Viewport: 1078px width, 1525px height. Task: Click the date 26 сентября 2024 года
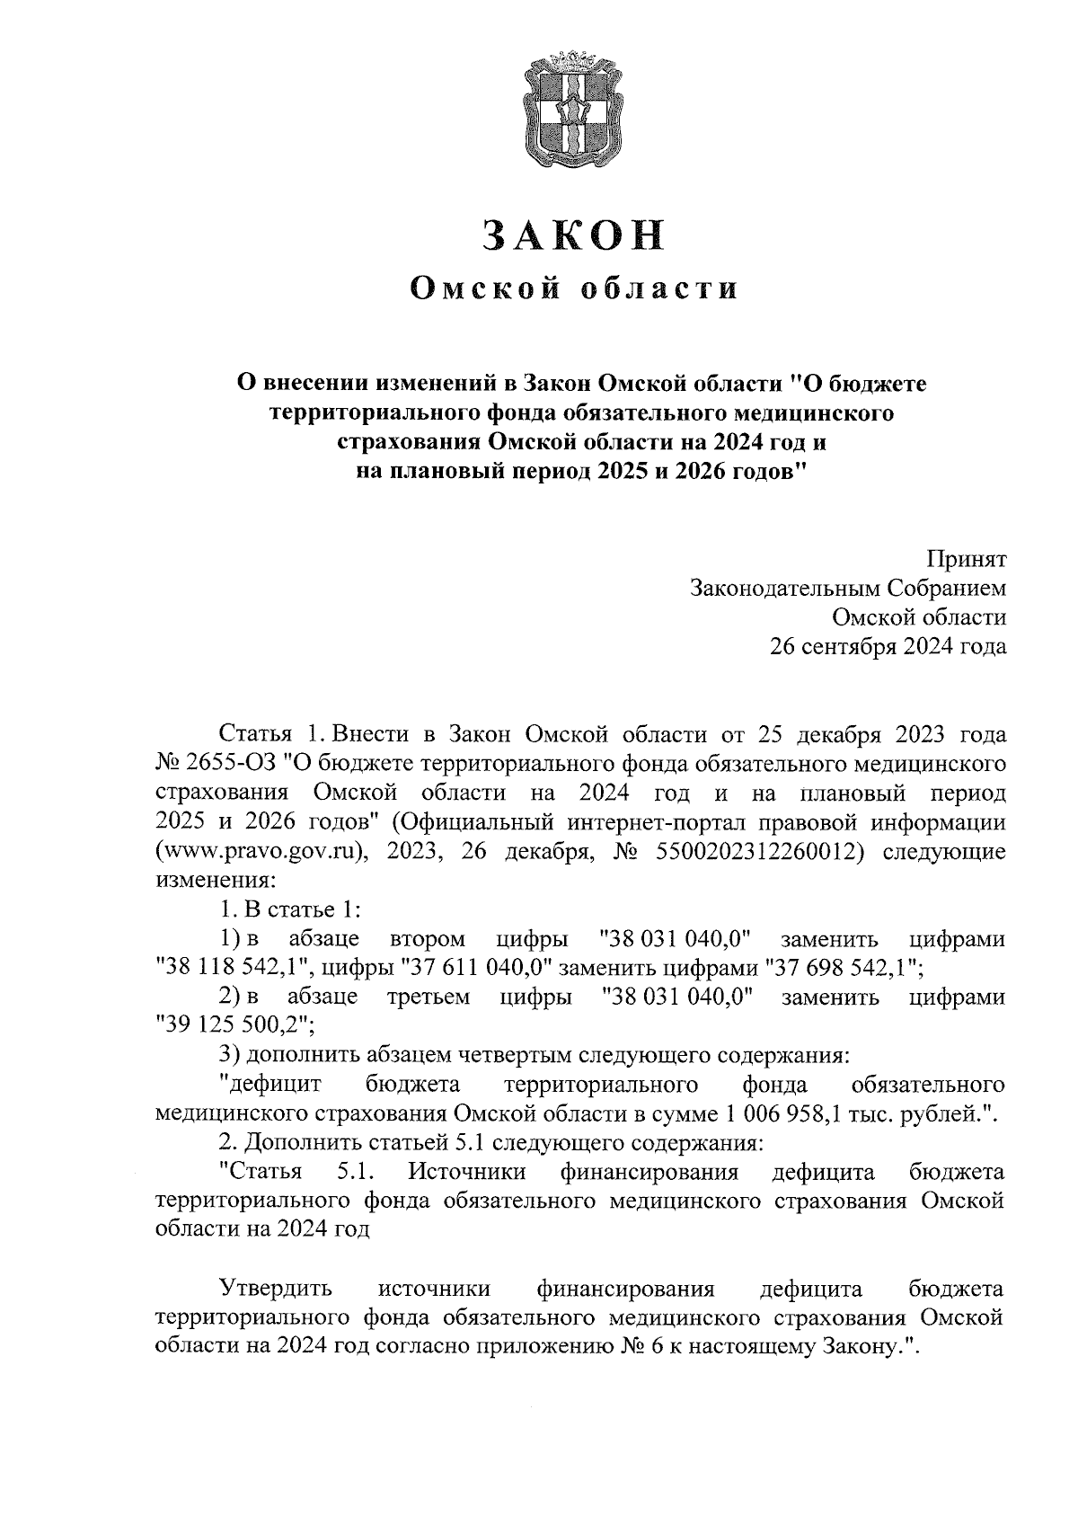point(888,645)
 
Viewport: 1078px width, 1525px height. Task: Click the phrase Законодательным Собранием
point(847,588)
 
